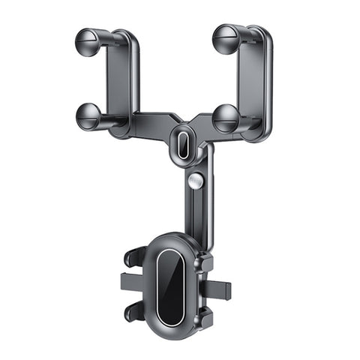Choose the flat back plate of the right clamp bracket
[x=251, y=75]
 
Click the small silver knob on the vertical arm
[x=196, y=181]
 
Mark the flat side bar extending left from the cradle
[x=132, y=284]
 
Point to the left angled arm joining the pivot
[x=154, y=124]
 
